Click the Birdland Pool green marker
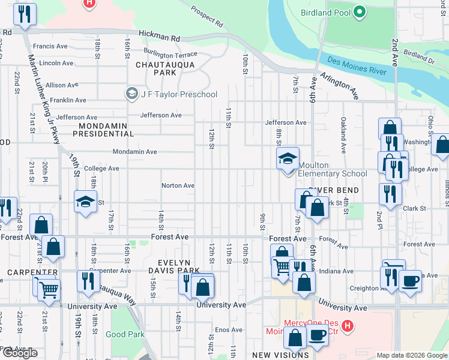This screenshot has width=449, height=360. [x=359, y=12]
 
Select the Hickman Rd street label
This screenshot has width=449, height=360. [x=158, y=37]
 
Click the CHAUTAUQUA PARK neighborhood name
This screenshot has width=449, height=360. [x=156, y=68]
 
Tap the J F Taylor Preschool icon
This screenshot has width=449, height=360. [x=131, y=94]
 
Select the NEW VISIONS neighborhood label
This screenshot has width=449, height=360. [x=280, y=355]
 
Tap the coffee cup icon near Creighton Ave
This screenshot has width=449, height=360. [x=411, y=280]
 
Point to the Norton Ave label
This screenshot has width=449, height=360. [x=178, y=185]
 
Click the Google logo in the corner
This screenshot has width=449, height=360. [x=20, y=353]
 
